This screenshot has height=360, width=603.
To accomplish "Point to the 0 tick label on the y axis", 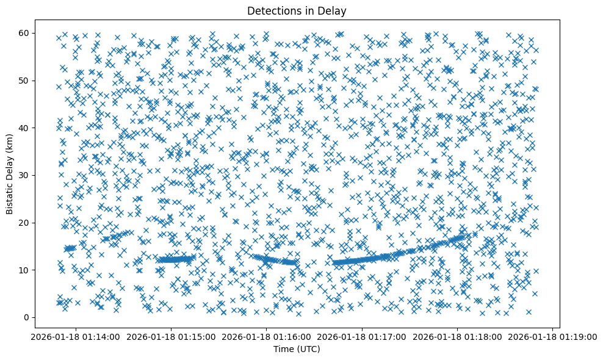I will [x=27, y=317].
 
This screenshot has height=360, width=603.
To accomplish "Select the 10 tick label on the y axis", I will [x=25, y=270].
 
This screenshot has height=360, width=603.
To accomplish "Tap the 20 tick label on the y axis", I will [x=25, y=223].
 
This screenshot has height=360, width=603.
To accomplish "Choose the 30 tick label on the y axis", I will [x=25, y=175].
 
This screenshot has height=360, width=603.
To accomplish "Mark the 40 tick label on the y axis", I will [x=25, y=128].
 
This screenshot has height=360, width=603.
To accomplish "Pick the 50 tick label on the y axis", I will [x=25, y=81].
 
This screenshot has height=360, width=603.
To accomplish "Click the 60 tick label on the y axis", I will [x=25, y=33].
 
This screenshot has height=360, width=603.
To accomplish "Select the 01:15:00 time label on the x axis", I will [x=171, y=336].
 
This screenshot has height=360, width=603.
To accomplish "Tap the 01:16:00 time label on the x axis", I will [x=267, y=336].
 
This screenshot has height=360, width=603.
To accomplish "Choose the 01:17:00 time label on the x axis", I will [x=363, y=336].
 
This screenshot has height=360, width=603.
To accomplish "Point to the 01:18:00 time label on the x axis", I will [x=458, y=336].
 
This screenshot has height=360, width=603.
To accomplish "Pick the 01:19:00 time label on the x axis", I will [x=553, y=336].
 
